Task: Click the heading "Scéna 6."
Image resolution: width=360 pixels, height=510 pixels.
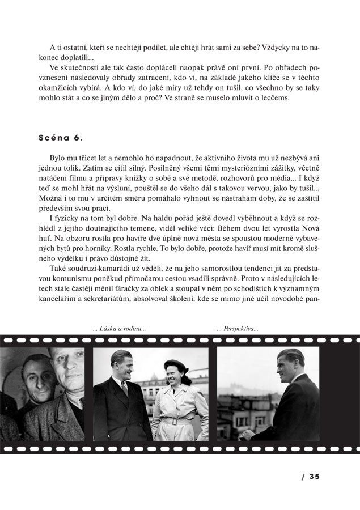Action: click(61, 138)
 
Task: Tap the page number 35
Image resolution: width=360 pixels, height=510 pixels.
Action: click(315, 477)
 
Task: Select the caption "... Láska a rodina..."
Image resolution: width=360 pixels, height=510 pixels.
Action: click(119, 328)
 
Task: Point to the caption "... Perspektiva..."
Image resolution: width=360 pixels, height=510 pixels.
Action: click(238, 328)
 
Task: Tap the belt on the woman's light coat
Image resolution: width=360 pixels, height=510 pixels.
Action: click(173, 421)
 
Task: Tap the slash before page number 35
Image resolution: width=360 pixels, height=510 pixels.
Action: click(303, 477)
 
